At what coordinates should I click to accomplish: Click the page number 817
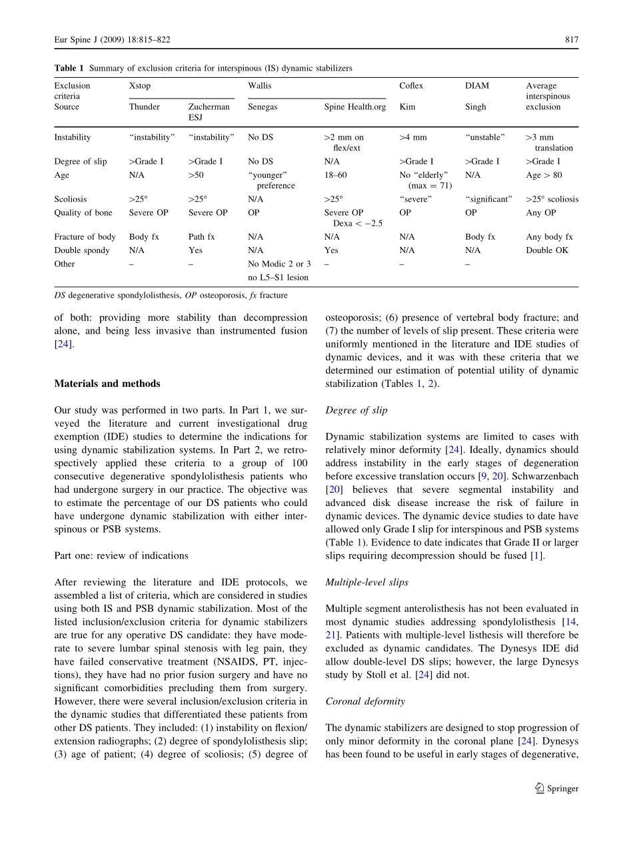tap(572, 40)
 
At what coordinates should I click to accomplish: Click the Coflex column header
tap(411, 86)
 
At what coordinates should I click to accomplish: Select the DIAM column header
tap(476, 86)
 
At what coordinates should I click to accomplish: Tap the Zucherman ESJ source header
tap(209, 112)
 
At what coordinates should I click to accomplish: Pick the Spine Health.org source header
tap(354, 107)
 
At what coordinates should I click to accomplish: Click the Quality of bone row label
tap(83, 213)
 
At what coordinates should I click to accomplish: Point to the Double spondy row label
tap(83, 250)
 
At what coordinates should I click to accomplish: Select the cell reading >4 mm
tap(413, 138)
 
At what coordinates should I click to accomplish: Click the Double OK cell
tap(547, 250)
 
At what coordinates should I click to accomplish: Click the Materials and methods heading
tap(107, 384)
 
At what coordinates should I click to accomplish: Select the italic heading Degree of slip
tap(356, 410)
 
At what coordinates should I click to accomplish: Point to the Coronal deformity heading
tap(365, 701)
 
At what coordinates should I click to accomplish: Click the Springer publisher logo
tap(557, 788)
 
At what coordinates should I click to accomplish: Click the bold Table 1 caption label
tap(69, 69)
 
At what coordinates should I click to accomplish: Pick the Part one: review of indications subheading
tap(121, 555)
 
